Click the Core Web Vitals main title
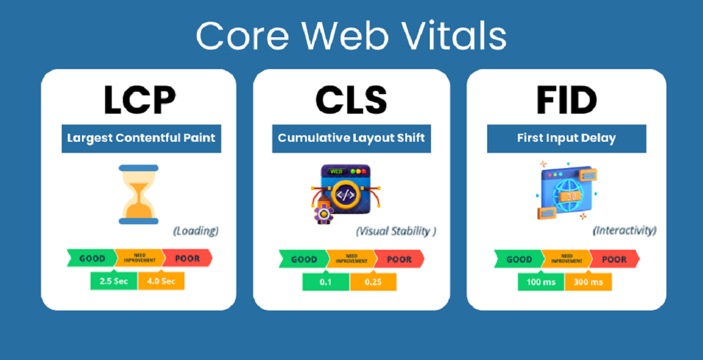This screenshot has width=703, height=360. click(x=351, y=35)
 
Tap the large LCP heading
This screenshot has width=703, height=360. click(x=139, y=100)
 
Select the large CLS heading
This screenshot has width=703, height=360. click(x=351, y=100)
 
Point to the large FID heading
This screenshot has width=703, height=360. click(x=566, y=100)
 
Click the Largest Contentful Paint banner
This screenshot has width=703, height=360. click(x=141, y=138)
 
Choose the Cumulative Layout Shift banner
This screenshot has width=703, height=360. click(x=351, y=138)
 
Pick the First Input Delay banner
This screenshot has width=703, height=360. click(x=566, y=138)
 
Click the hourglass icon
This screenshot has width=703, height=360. click(x=139, y=194)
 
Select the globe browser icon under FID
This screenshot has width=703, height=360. click(x=567, y=190)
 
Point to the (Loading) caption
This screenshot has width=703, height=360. click(x=196, y=231)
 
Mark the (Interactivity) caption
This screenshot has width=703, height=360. click(x=625, y=231)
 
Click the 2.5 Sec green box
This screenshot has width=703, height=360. click(x=114, y=281)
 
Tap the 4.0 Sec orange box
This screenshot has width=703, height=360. click(x=161, y=281)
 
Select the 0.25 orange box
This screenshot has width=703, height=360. click(x=373, y=282)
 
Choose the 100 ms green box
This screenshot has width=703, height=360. click(x=541, y=282)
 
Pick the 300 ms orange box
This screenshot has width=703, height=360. click(x=588, y=282)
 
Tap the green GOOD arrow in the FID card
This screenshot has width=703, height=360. click(x=519, y=259)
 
